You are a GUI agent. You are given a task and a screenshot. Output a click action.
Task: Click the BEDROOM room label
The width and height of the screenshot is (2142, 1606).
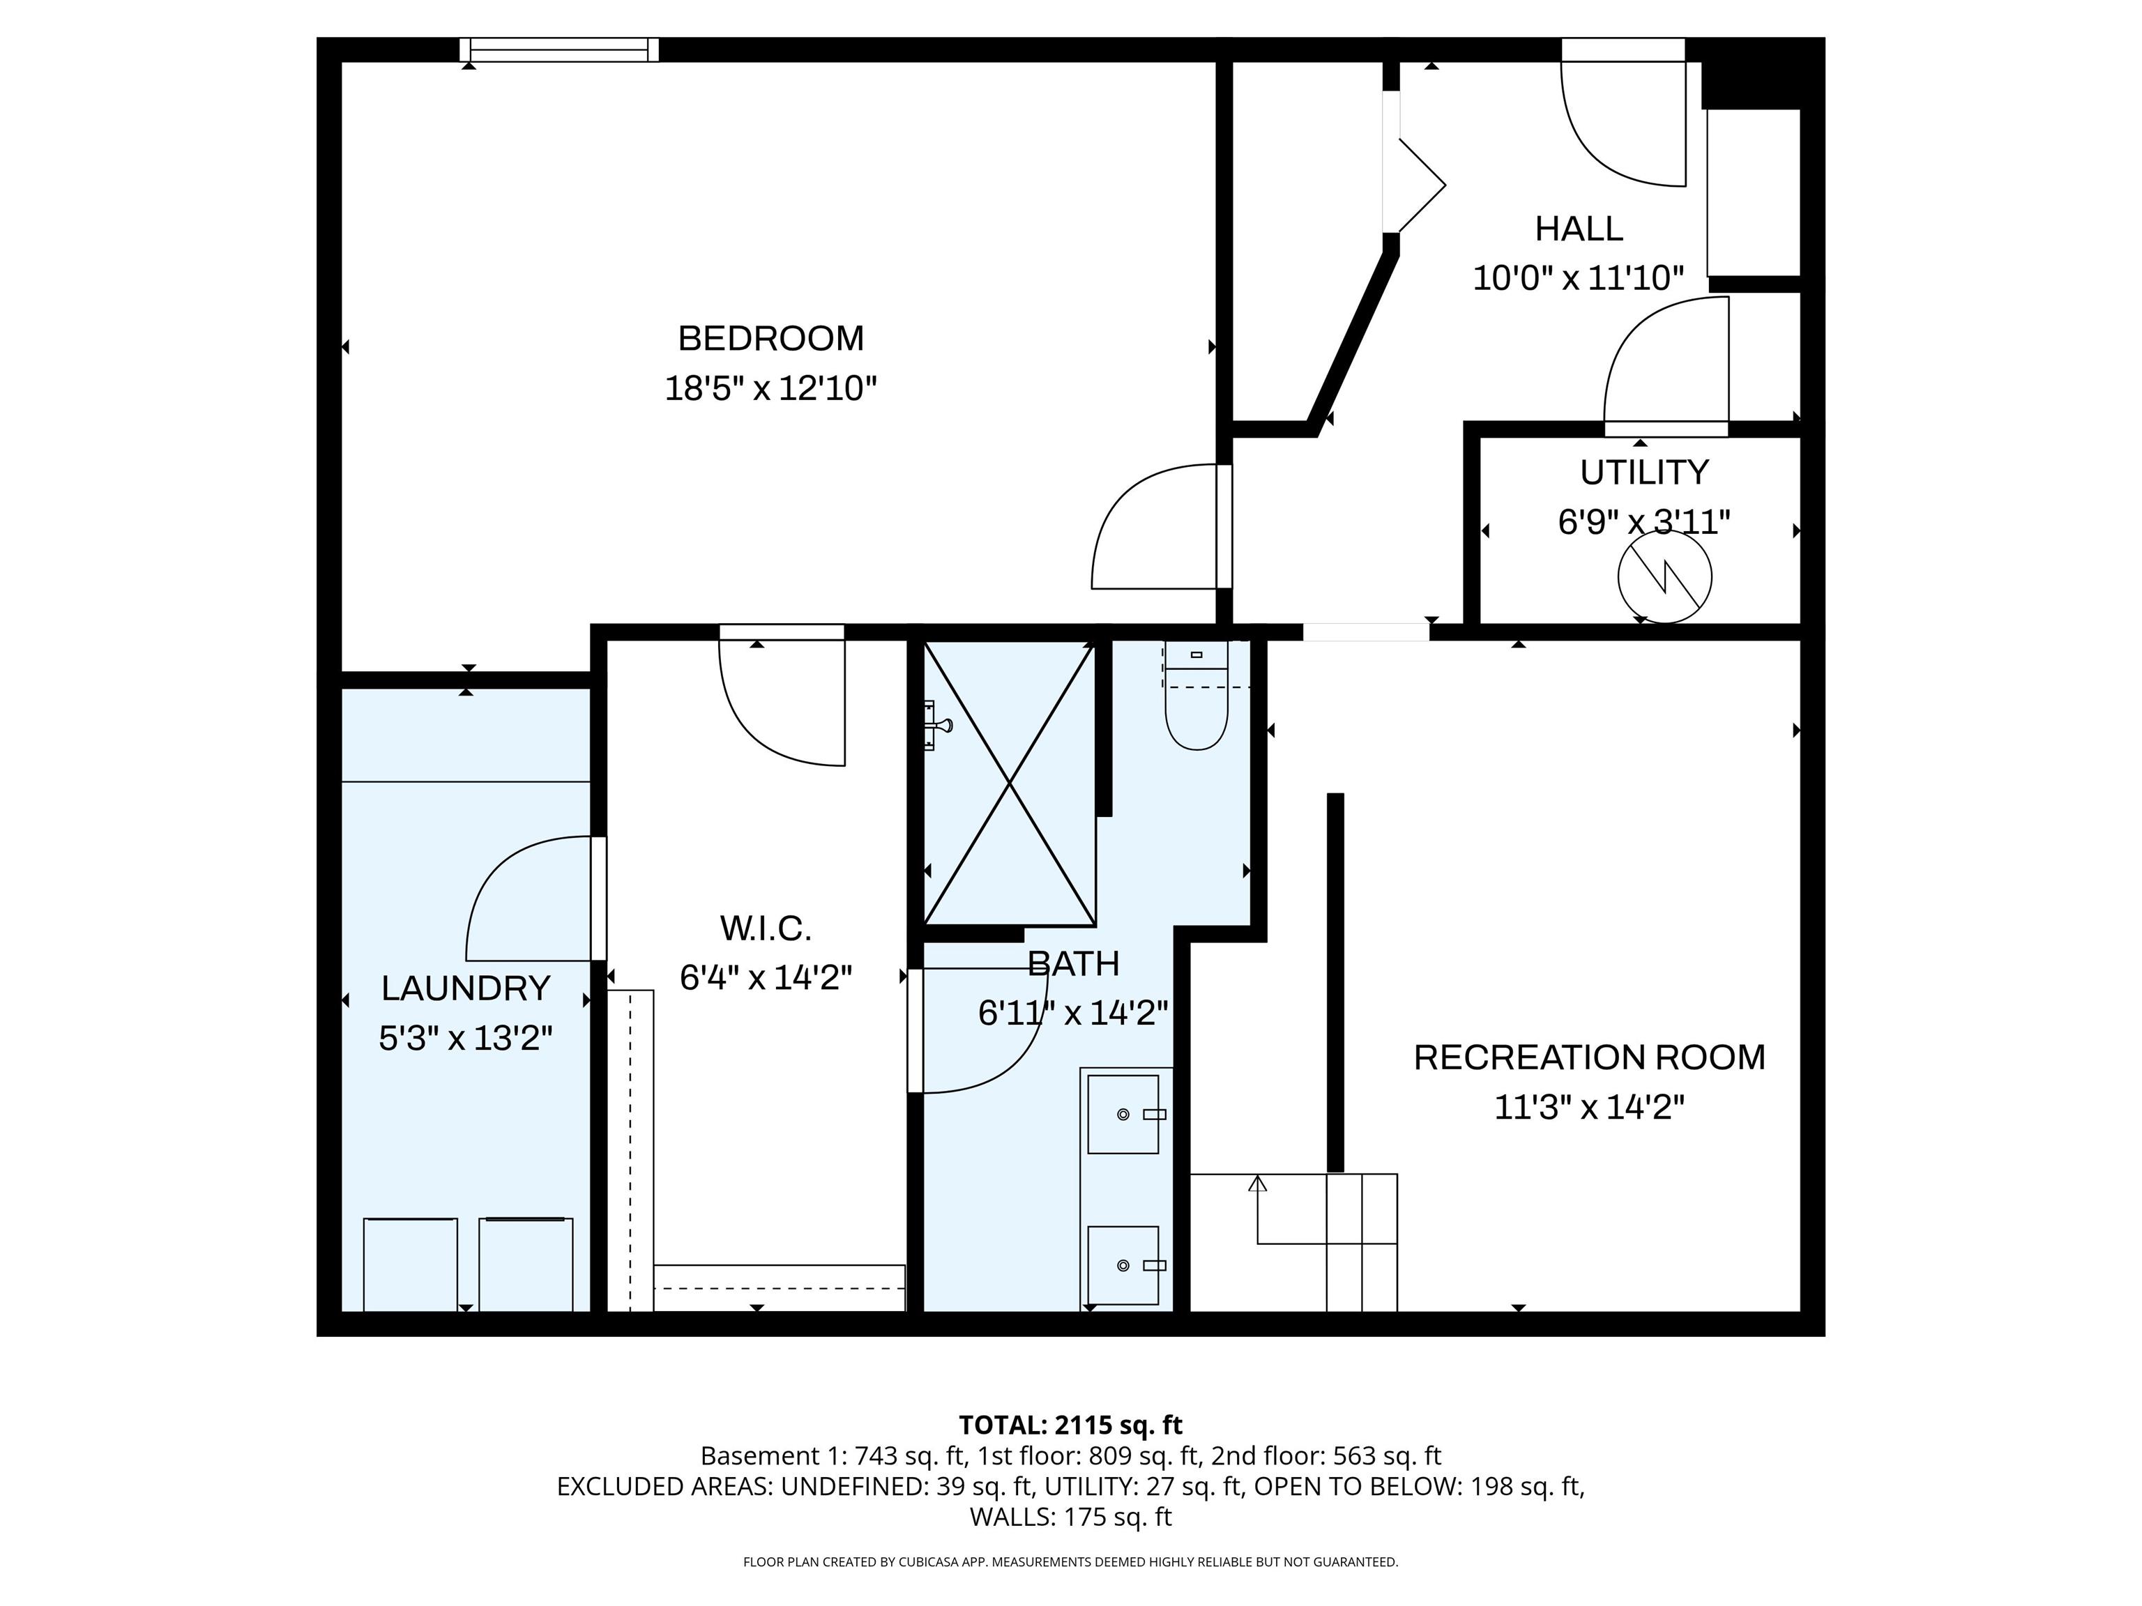(x=770, y=338)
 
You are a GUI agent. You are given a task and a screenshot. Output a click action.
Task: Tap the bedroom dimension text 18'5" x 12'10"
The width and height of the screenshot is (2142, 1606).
(x=770, y=388)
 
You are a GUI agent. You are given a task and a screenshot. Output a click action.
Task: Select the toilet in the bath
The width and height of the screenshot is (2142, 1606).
(x=1197, y=695)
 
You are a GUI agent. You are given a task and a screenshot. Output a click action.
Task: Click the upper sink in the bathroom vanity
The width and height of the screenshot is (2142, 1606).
(x=1123, y=1114)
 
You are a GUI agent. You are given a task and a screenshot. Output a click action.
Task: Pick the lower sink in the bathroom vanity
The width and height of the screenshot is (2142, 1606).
(x=1123, y=1265)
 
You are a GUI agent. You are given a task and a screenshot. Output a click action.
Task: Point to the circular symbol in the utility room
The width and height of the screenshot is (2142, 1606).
(x=1664, y=577)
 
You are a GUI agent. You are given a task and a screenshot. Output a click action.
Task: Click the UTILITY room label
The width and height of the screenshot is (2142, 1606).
(x=1644, y=473)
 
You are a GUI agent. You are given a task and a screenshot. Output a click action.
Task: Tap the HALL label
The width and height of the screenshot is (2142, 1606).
(x=1579, y=229)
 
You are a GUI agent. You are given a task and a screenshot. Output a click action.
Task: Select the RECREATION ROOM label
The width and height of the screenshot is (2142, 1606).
(x=1589, y=1057)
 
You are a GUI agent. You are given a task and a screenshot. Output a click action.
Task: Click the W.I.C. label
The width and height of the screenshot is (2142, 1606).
(x=765, y=928)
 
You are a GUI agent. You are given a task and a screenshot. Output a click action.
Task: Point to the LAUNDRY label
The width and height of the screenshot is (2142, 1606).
(x=466, y=988)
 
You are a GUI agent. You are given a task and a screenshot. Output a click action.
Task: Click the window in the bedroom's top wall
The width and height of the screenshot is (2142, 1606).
(x=559, y=49)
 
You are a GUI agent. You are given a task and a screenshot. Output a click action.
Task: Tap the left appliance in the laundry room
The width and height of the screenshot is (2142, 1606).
(x=411, y=1264)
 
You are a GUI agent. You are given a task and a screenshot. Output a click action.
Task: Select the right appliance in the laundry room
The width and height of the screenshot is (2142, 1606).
(x=526, y=1264)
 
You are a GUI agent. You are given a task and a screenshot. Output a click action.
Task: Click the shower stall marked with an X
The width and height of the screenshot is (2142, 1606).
(x=1010, y=782)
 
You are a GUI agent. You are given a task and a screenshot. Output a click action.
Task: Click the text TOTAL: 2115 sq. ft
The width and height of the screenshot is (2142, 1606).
(x=1070, y=1425)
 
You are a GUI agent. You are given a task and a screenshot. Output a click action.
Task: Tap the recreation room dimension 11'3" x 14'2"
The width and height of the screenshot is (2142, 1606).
(x=1589, y=1108)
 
